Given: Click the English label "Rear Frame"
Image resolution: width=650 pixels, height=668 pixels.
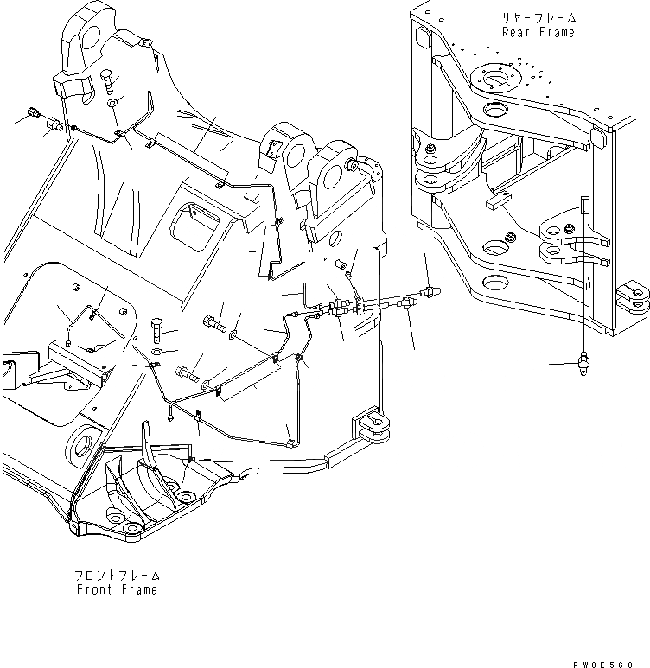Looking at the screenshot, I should point(538,32).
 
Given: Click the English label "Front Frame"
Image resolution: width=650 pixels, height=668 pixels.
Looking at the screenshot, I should point(117,589).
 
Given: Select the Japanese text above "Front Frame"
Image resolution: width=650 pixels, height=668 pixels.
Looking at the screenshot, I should point(117,575).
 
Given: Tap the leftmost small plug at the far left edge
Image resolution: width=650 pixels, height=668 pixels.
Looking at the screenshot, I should point(33,111).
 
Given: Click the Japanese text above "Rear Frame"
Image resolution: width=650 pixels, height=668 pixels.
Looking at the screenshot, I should point(538,17).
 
